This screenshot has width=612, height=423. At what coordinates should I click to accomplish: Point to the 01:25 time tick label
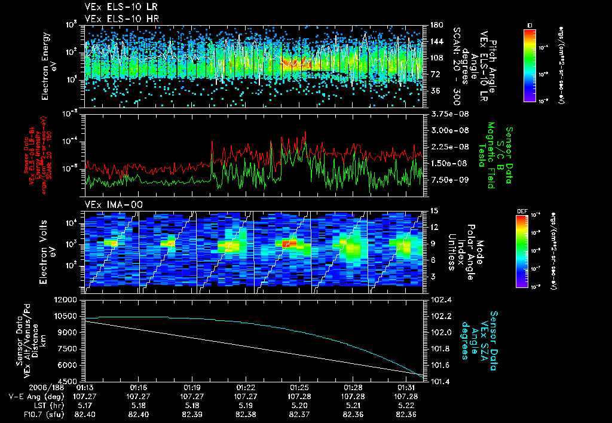[299, 387]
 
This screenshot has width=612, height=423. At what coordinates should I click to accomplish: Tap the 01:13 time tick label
[85, 387]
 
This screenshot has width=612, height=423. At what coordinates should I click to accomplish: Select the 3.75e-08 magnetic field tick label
[445, 114]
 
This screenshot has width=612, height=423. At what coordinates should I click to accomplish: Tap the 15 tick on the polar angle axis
[433, 210]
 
